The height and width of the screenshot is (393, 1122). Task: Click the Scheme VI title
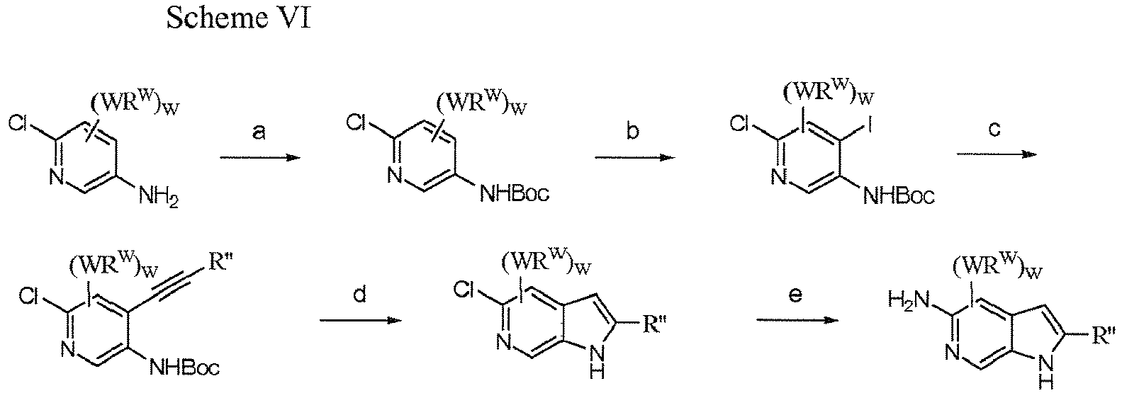[238, 18]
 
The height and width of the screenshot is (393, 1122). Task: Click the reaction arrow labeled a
[260, 158]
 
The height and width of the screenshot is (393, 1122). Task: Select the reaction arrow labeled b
[634, 158]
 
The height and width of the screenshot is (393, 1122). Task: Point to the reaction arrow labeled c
[997, 154]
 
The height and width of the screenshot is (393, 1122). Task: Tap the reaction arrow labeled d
[361, 320]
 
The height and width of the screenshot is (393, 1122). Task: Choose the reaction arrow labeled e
[797, 320]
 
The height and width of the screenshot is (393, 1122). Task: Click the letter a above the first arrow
[259, 132]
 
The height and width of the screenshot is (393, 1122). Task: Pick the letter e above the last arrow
[795, 295]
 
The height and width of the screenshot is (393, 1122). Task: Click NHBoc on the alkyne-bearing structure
[184, 369]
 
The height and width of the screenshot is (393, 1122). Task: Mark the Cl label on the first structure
[18, 124]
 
